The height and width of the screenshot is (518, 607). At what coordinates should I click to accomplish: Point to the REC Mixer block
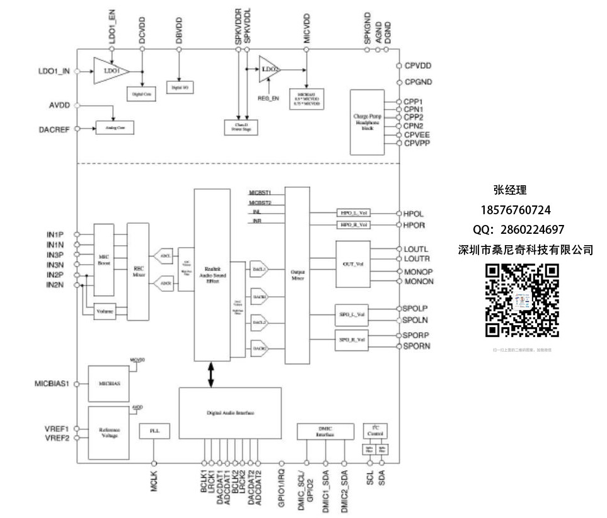[138, 267]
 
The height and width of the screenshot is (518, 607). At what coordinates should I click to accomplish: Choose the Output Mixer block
[298, 275]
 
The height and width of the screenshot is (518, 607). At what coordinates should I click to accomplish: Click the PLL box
[154, 430]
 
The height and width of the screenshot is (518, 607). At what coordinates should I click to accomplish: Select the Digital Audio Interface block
[230, 413]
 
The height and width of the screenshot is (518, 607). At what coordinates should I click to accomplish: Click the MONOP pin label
[419, 271]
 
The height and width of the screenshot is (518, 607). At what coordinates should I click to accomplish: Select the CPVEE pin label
[418, 134]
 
